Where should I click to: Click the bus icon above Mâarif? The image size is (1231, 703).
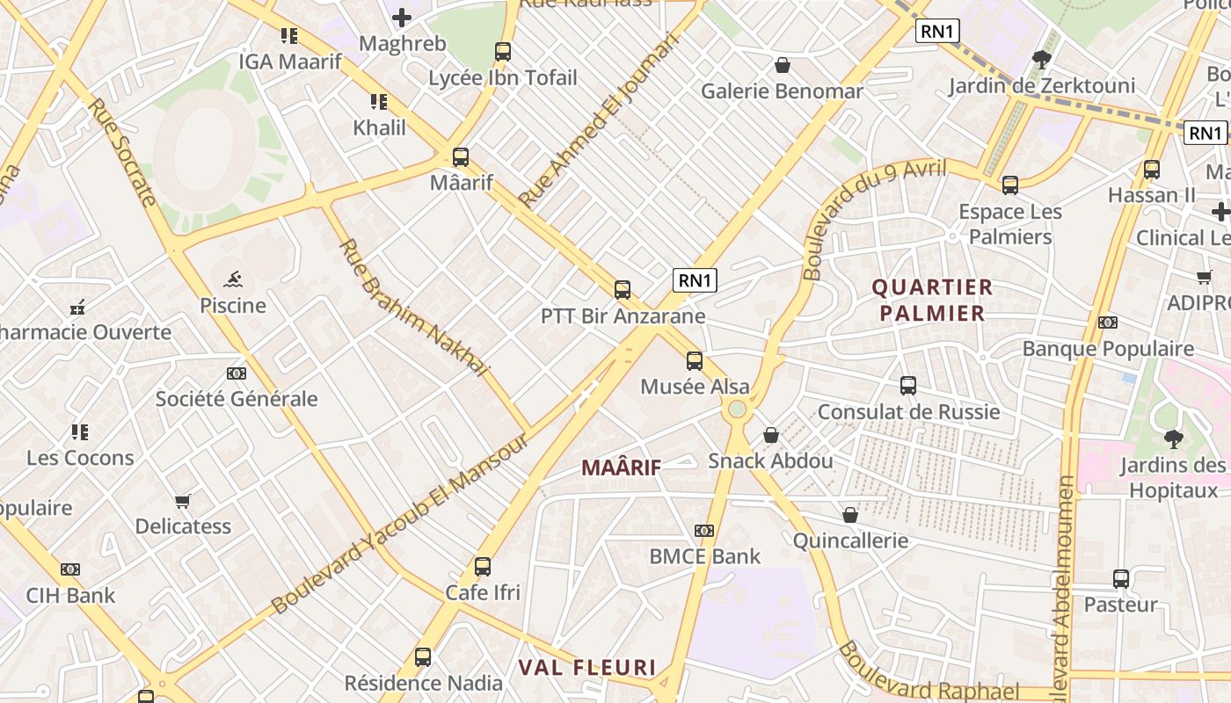click(460, 157)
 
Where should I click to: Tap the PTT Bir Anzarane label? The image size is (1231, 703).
click(623, 315)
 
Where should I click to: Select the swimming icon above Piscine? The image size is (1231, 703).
click(233, 280)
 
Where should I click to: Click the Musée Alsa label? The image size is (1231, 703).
click(695, 387)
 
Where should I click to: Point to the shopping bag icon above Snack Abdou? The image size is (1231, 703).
click(771, 435)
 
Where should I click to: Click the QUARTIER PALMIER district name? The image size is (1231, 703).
click(932, 300)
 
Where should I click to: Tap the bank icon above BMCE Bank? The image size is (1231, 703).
click(704, 531)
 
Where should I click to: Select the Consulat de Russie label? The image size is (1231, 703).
click(908, 411)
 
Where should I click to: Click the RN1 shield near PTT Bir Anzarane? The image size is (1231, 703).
click(695, 280)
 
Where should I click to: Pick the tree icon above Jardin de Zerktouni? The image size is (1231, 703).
click(1042, 60)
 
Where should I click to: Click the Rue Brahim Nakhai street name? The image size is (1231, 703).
click(412, 308)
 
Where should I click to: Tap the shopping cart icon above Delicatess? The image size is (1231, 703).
click(183, 501)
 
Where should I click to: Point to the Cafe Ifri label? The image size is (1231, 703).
click(483, 592)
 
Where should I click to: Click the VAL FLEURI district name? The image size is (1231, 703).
click(586, 667)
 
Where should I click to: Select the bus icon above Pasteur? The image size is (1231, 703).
click(1120, 579)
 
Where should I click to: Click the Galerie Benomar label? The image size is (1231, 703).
click(782, 91)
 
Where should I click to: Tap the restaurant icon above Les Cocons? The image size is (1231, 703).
click(80, 432)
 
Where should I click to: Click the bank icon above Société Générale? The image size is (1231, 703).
click(236, 373)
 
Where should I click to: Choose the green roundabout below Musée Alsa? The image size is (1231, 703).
click(737, 409)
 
